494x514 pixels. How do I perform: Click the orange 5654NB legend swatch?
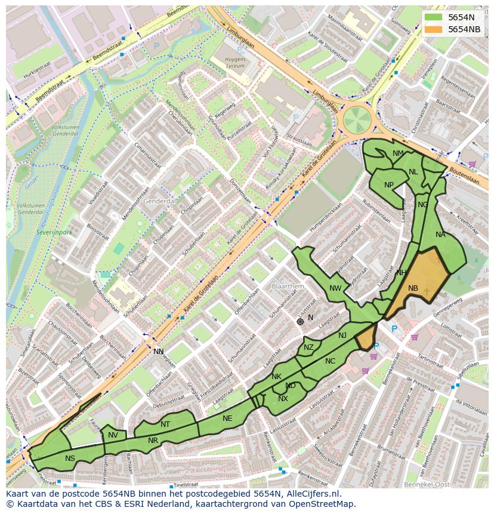[x=434, y=29]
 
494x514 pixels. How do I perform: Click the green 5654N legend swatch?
[x=434, y=17]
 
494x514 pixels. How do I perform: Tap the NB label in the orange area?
[x=413, y=288]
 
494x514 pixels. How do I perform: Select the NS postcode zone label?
[x=70, y=458]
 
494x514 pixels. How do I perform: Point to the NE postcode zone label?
[x=227, y=418]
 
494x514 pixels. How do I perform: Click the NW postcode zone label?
[x=335, y=288]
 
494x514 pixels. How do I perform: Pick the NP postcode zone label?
[x=389, y=185]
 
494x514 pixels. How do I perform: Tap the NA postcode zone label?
[x=440, y=235]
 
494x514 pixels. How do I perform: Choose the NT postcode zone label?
[x=165, y=424]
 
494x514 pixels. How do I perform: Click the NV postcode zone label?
[x=113, y=435]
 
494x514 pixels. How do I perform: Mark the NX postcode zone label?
[x=283, y=399]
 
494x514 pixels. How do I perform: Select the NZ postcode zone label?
[x=308, y=347]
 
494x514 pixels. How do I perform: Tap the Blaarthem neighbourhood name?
[x=288, y=287]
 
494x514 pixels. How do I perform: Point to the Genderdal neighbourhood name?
[x=159, y=202]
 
